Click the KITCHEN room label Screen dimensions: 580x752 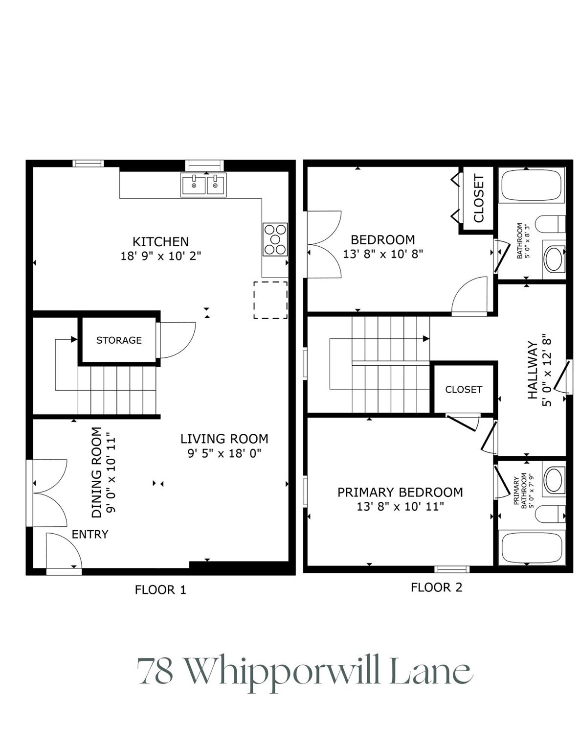(161, 241)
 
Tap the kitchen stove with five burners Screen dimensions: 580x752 (275, 239)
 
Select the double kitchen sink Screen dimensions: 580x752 (203, 185)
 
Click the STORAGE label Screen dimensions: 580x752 (119, 341)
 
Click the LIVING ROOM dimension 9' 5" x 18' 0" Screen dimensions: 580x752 (224, 453)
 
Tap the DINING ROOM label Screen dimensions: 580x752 (97, 472)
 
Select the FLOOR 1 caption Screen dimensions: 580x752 (160, 589)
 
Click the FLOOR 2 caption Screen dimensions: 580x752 (436, 587)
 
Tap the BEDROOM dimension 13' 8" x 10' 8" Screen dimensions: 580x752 (383, 255)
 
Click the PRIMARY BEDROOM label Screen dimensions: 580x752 (400, 492)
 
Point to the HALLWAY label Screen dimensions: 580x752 (533, 370)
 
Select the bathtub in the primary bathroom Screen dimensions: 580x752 (532, 547)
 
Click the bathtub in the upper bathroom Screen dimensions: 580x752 (532, 185)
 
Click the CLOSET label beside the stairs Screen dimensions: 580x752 (464, 390)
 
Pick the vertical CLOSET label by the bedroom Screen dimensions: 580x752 (478, 198)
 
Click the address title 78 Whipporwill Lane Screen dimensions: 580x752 (305, 670)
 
